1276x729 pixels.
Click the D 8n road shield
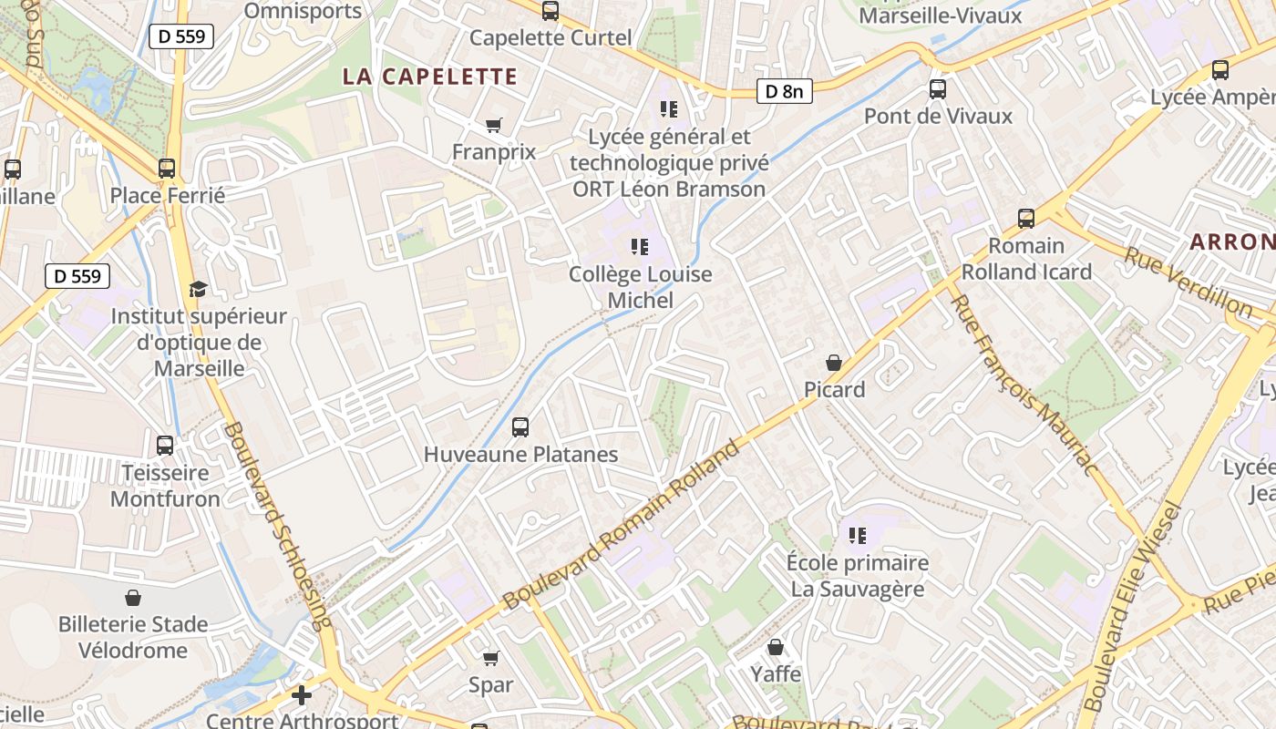pyautogui.click(x=784, y=91)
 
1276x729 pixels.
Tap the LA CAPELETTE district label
pyautogui.click(x=430, y=77)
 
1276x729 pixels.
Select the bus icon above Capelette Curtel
pyautogui.click(x=551, y=11)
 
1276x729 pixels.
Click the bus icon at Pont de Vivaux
pyautogui.click(x=937, y=89)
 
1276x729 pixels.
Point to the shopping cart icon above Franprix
pyautogui.click(x=494, y=125)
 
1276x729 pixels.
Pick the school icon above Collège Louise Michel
pyautogui.click(x=640, y=247)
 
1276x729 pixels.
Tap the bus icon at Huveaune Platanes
pyautogui.click(x=520, y=426)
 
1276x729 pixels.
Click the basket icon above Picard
pyautogui.click(x=833, y=363)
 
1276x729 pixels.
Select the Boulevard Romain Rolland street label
pyautogui.click(x=623, y=526)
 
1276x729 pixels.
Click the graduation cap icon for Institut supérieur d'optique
pyautogui.click(x=198, y=290)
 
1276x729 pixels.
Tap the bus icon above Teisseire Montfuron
pyautogui.click(x=165, y=446)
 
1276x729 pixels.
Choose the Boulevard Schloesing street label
pyautogui.click(x=277, y=526)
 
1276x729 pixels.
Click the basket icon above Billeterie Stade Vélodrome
pyautogui.click(x=133, y=598)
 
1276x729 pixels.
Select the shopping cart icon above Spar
pyautogui.click(x=490, y=658)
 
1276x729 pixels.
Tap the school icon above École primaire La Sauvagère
pyautogui.click(x=857, y=536)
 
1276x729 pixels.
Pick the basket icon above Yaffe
pyautogui.click(x=775, y=648)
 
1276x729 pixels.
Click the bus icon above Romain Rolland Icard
pyautogui.click(x=1026, y=219)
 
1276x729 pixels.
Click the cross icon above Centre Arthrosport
pyautogui.click(x=302, y=696)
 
